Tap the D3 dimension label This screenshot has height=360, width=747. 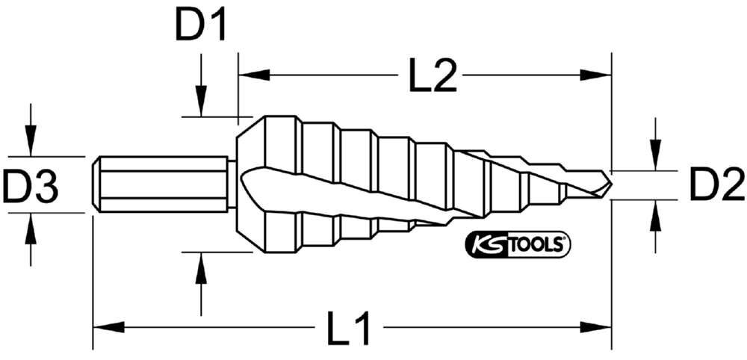click(30, 184)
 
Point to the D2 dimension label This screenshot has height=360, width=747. click(716, 184)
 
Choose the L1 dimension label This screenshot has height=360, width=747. click(348, 328)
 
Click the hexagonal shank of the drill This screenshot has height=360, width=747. click(160, 184)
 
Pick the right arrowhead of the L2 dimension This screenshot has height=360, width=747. click(595, 75)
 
